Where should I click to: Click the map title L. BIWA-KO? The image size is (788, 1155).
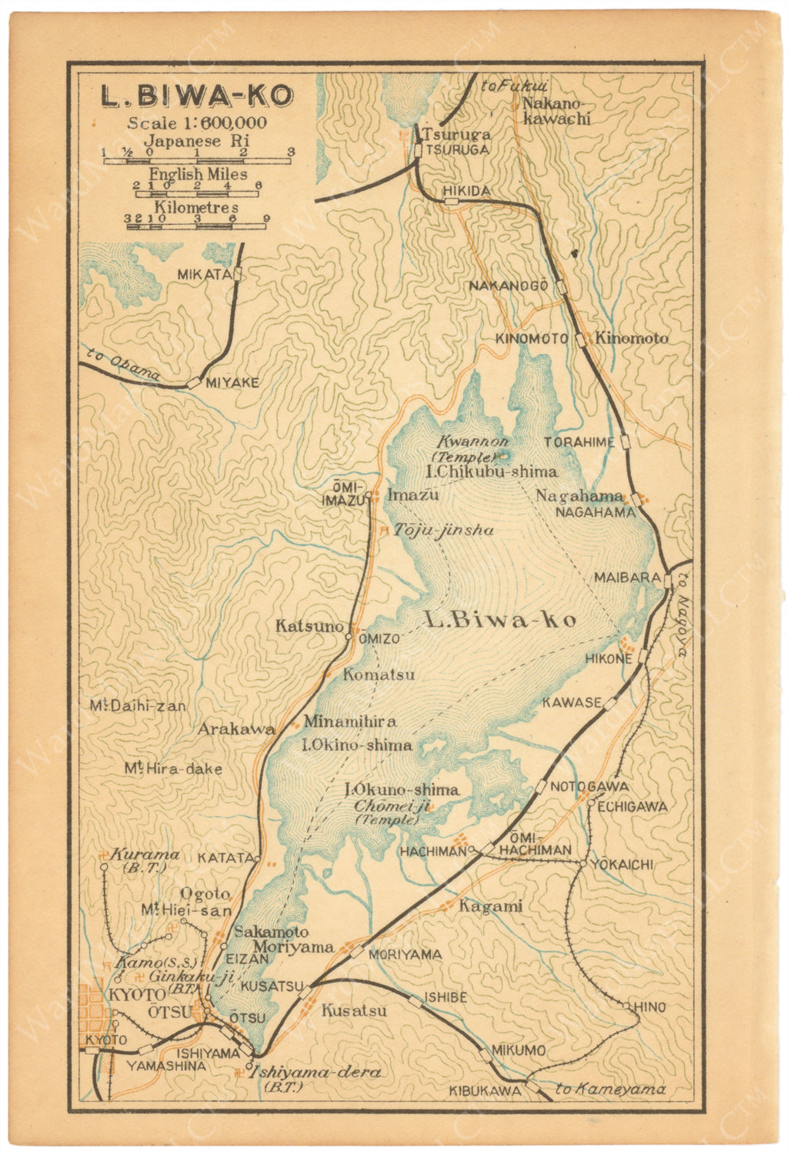[x=198, y=95]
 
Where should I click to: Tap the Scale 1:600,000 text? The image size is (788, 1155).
[x=197, y=122]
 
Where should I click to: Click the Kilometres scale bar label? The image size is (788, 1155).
[x=196, y=207]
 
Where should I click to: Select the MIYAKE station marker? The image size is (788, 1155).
[x=193, y=382]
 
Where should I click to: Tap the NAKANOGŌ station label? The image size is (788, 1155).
[x=508, y=286]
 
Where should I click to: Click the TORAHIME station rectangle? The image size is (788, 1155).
[x=626, y=441]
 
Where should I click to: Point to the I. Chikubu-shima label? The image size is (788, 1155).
[x=490, y=471]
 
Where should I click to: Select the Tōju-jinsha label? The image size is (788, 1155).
[x=443, y=530]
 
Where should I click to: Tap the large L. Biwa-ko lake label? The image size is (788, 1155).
[x=500, y=621]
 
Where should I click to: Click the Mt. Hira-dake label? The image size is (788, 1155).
[x=174, y=768]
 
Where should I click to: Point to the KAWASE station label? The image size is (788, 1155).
[x=571, y=702]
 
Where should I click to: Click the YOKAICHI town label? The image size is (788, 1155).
[x=622, y=865]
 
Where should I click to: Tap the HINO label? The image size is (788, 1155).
[x=649, y=1007]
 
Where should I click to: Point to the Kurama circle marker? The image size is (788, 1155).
[x=104, y=867]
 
